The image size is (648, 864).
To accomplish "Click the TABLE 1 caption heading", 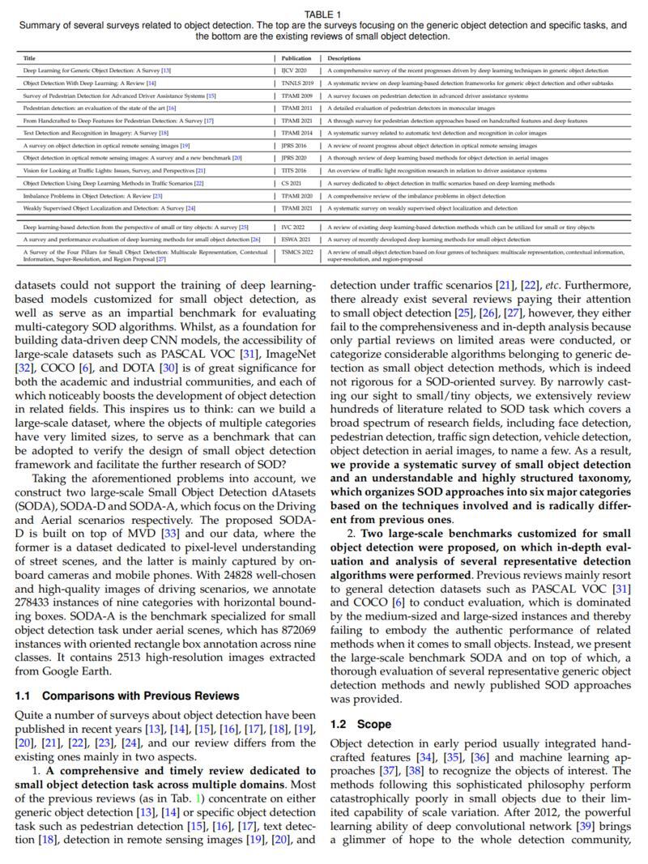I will [x=323, y=15].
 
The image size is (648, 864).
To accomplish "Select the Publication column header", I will [x=296, y=58].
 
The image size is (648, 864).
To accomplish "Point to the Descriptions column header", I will [x=344, y=58].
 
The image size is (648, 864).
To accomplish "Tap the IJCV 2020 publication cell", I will [x=293, y=70].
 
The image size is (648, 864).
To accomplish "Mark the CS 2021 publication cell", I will [x=291, y=183].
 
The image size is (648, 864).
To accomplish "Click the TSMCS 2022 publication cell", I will [x=297, y=253].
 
